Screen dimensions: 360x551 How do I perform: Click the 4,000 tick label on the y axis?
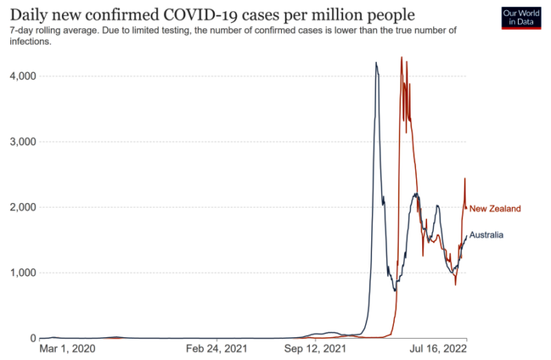[21, 76]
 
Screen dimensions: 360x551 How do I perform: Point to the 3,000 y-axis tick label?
[21, 142]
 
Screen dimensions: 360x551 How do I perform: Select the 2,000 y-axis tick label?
[21, 207]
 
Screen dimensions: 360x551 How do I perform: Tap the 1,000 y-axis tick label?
[21, 273]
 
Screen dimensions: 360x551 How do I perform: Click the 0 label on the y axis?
[32, 339]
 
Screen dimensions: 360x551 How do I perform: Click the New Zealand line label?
[494, 209]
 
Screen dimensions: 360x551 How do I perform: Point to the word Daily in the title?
[29, 15]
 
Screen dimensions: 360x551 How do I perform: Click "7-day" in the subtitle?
[22, 30]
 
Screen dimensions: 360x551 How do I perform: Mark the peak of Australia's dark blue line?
[376, 63]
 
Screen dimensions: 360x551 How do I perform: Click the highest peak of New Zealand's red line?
[401, 57]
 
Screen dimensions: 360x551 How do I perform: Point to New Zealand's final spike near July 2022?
[465, 179]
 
